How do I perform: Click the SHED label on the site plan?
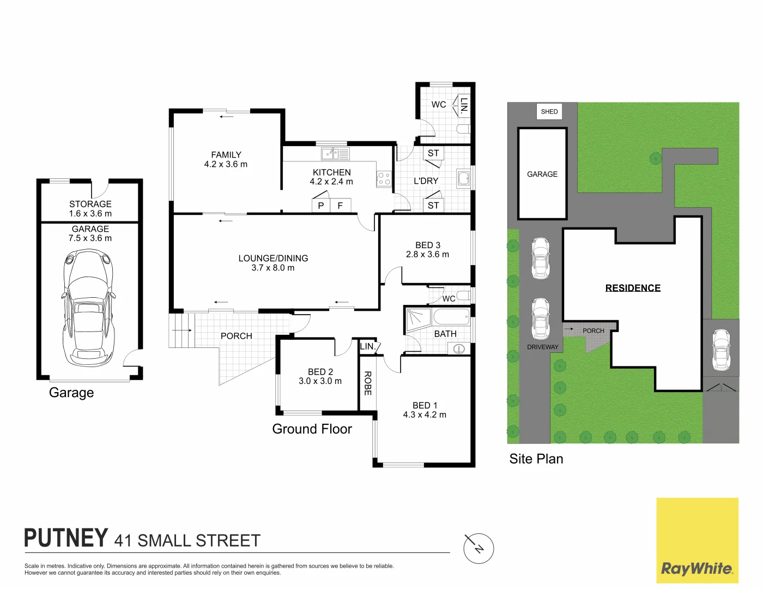click(549, 112)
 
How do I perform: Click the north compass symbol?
click(479, 548)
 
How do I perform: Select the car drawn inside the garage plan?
click(90, 308)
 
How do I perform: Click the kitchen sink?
click(335, 154)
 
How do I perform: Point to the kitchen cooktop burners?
click(384, 178)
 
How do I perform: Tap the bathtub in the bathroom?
click(451, 317)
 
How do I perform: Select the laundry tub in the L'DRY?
click(463, 178)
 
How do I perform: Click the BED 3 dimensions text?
click(427, 255)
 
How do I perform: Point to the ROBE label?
click(367, 383)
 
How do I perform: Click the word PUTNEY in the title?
click(66, 538)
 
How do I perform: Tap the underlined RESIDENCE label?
click(633, 288)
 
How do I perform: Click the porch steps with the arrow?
click(181, 330)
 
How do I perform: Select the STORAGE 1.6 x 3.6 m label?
click(90, 209)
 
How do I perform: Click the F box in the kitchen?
click(340, 206)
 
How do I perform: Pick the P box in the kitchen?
click(321, 206)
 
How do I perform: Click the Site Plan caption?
click(536, 459)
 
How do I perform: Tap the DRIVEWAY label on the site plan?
click(542, 347)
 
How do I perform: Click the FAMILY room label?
click(226, 159)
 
